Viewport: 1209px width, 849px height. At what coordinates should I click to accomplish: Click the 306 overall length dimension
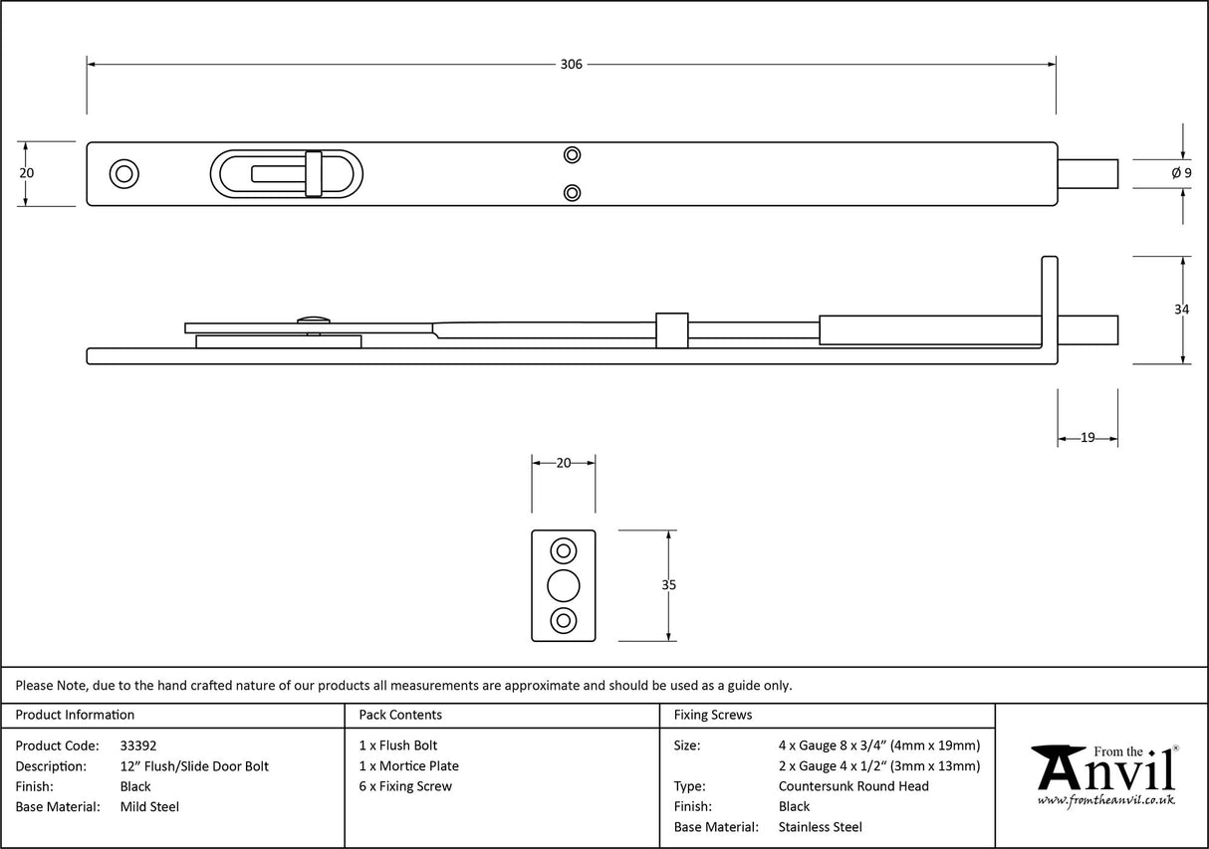(x=571, y=65)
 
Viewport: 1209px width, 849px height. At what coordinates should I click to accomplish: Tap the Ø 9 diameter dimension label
(x=1181, y=173)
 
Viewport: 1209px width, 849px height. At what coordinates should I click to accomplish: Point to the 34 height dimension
(x=1181, y=310)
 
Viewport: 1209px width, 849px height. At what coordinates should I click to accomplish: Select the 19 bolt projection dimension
(x=1087, y=437)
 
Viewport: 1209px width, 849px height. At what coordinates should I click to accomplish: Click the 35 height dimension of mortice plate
(x=668, y=585)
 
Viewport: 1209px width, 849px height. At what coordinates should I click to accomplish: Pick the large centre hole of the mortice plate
(x=564, y=585)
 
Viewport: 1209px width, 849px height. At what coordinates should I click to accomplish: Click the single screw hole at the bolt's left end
(x=124, y=173)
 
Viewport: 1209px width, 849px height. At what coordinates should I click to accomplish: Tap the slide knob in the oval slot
(x=314, y=174)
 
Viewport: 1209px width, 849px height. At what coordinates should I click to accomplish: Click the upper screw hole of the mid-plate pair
(x=572, y=154)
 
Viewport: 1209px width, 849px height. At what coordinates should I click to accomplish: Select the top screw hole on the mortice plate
(x=564, y=550)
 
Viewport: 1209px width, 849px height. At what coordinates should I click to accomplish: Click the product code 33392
(x=137, y=745)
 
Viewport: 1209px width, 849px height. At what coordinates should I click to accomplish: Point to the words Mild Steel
(x=149, y=807)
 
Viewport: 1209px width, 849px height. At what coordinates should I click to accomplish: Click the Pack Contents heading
(x=400, y=715)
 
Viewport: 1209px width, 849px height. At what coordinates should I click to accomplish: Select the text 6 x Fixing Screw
(x=405, y=786)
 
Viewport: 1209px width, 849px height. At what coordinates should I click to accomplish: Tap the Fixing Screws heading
(x=713, y=715)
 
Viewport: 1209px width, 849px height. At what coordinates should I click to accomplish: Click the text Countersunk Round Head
(x=853, y=786)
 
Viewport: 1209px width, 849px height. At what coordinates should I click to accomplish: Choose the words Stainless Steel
(x=821, y=827)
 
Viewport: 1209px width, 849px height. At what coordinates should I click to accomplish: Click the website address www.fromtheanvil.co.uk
(x=1105, y=800)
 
